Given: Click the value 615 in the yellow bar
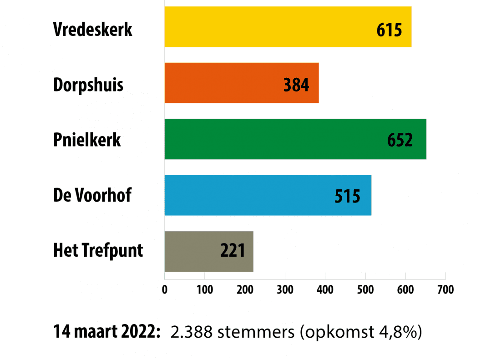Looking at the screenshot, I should pos(390,30).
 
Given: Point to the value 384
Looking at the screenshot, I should pos(296,85).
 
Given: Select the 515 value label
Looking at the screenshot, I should pos(347,196).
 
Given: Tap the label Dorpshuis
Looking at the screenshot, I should pos(88,85).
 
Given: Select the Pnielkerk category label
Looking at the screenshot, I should pos(87,140).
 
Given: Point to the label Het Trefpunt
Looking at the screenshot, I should pos(98,250).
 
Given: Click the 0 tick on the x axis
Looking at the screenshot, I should pos(165,290).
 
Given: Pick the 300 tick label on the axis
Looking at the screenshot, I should pos(285,290).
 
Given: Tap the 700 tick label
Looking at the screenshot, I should pos(445,290).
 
